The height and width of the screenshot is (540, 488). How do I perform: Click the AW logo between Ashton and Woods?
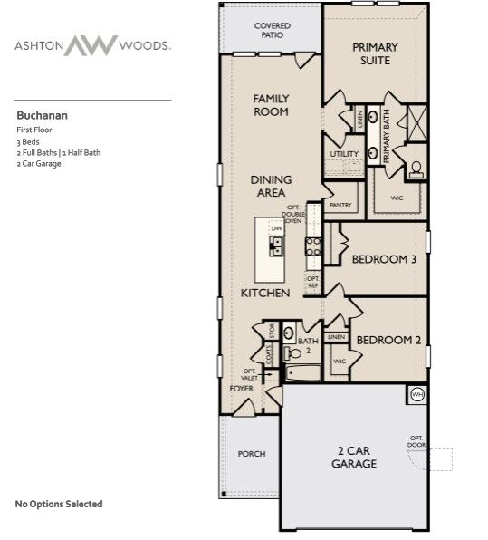[x=94, y=44]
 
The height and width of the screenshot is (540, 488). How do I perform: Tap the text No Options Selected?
[x=59, y=504]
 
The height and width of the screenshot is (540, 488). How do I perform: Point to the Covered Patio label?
[x=272, y=31]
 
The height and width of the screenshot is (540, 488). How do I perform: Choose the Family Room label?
[x=271, y=105]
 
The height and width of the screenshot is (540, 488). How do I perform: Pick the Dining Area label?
[x=271, y=186]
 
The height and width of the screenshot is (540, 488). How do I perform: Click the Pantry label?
[x=340, y=206]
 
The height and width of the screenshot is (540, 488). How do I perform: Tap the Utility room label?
[x=344, y=154]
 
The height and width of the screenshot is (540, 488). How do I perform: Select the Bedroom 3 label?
[x=384, y=259]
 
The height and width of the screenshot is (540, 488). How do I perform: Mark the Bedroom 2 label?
[x=388, y=340]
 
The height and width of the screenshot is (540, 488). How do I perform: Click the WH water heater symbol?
[x=417, y=394]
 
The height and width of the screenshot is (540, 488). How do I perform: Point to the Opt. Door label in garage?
[x=416, y=441]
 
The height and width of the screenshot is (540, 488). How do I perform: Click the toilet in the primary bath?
[x=416, y=168]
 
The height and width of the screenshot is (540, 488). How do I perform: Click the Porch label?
[x=251, y=454]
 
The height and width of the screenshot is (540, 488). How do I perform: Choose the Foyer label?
[x=241, y=388]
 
